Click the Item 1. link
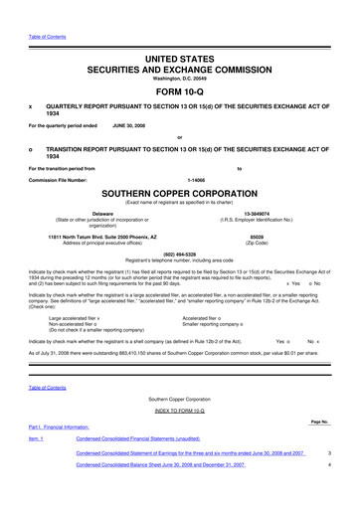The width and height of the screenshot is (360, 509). click(x=37, y=438)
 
